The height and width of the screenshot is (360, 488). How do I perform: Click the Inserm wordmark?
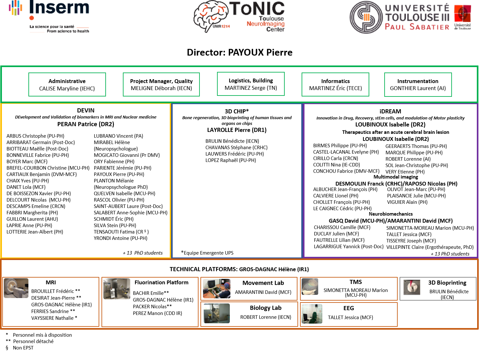coord(59,7)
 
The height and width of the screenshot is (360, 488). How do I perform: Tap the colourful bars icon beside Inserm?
coord(16,8)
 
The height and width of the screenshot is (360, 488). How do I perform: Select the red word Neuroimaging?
coord(266,24)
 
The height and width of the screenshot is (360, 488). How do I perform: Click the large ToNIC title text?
coord(257,9)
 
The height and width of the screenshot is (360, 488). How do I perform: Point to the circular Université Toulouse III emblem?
coord(366,17)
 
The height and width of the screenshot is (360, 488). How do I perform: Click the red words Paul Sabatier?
coord(417,27)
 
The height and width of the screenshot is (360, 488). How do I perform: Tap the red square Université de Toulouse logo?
coord(462,14)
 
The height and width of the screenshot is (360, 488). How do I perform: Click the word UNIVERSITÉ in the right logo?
coord(417,8)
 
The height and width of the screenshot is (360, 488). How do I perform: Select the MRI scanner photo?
coord(16,288)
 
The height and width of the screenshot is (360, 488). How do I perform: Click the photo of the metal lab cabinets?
coord(117,289)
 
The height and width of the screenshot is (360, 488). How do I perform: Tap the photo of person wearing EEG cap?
coord(217,289)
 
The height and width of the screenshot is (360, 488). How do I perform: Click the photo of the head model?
coord(310,287)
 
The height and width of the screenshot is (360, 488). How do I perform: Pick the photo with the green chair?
coord(312,314)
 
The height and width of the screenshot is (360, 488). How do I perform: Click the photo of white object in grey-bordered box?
coord(412,287)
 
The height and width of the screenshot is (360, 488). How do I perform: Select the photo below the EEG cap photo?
coord(217,313)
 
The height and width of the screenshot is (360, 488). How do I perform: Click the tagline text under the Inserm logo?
coord(59,29)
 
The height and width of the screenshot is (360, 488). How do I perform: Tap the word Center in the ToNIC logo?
coord(275,29)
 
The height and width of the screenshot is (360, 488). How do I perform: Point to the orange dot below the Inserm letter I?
coord(32,18)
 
